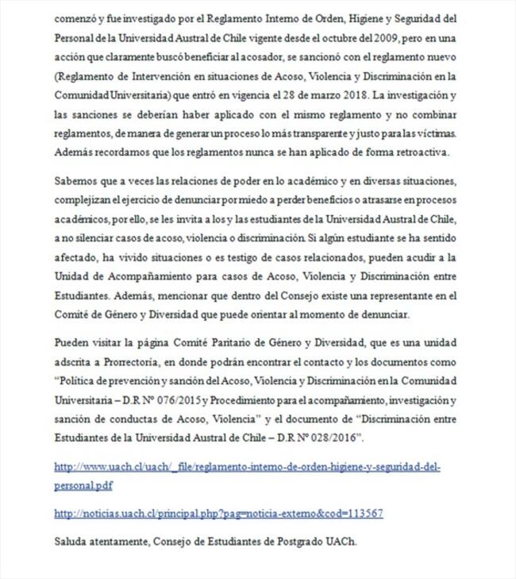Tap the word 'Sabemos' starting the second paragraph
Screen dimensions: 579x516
(x=75, y=183)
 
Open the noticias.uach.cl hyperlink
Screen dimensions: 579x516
(x=218, y=514)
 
